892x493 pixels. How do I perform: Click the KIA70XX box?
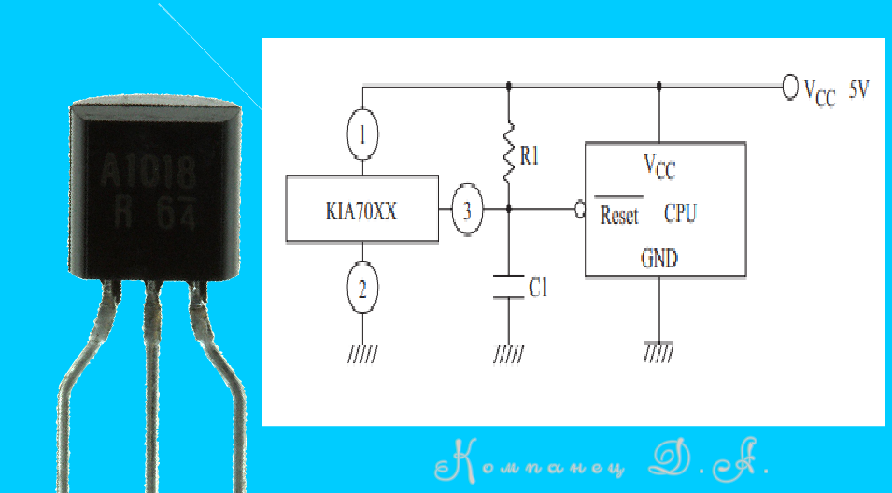[362, 209]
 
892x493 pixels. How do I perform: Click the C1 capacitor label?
[538, 289]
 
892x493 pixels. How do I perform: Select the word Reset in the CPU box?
[618, 216]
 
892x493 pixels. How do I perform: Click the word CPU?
[679, 214]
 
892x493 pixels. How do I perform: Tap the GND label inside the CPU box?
[658, 258]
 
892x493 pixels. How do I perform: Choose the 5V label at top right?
[859, 91]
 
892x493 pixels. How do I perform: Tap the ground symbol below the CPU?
[658, 351]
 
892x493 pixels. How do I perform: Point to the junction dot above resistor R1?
[508, 86]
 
